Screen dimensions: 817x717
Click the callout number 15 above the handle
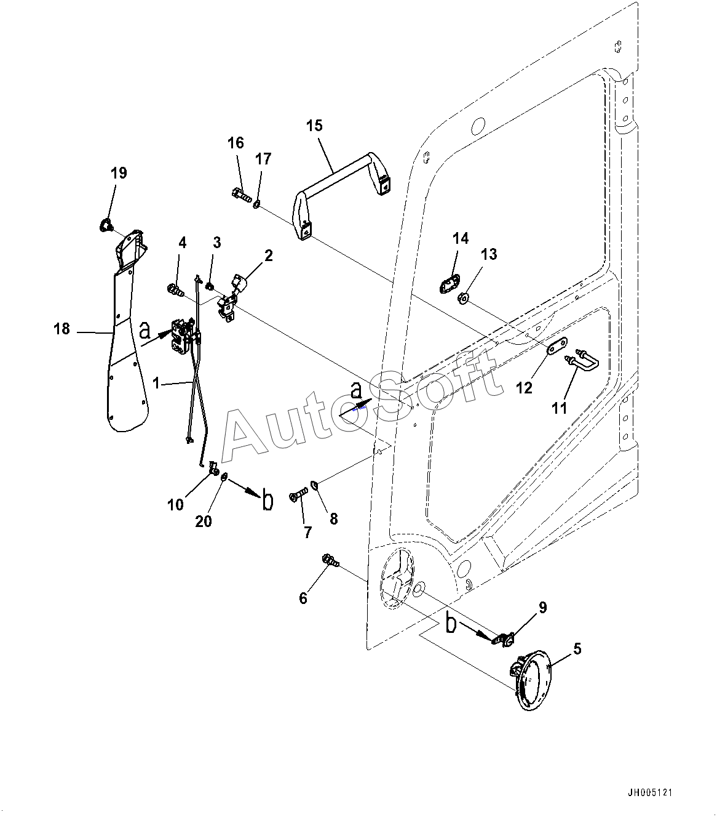point(314,126)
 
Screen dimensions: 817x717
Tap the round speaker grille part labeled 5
point(531,680)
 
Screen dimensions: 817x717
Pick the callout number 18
point(61,329)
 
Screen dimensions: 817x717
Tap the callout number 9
point(542,608)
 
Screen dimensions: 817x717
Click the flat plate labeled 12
point(557,348)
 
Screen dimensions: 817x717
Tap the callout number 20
point(203,521)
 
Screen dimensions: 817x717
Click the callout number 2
point(269,256)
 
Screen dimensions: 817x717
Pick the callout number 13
point(489,254)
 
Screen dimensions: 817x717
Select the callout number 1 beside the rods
point(156,383)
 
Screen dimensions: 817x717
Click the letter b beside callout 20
point(267,501)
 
